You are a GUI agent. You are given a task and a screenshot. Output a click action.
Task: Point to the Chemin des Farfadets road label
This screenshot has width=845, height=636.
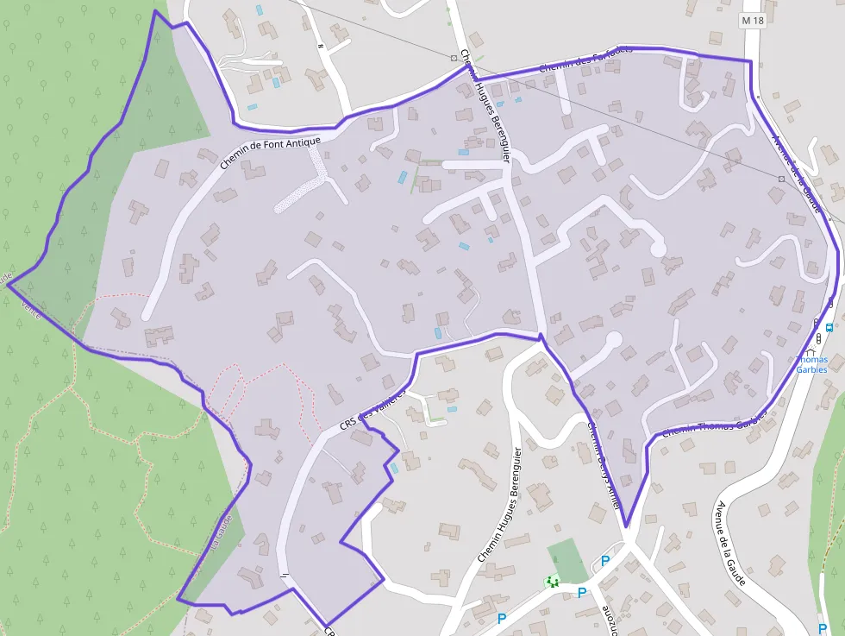[x=585, y=59]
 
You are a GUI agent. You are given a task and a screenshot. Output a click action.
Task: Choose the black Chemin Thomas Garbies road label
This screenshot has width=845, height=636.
[x=716, y=425]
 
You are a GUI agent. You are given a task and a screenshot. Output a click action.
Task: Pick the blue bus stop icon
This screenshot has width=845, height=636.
[x=829, y=327]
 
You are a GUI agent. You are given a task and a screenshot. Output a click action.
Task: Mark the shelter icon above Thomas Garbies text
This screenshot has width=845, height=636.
[x=816, y=340]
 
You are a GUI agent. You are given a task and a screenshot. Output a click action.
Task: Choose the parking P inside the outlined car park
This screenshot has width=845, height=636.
[x=604, y=562]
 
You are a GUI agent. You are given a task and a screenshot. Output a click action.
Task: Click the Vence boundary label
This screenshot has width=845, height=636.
[x=29, y=309]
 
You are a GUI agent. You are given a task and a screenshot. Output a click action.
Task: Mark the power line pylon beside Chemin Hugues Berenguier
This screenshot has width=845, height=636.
[x=454, y=57]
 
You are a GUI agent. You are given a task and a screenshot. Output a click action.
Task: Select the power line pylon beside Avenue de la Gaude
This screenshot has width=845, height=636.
[x=780, y=179]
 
